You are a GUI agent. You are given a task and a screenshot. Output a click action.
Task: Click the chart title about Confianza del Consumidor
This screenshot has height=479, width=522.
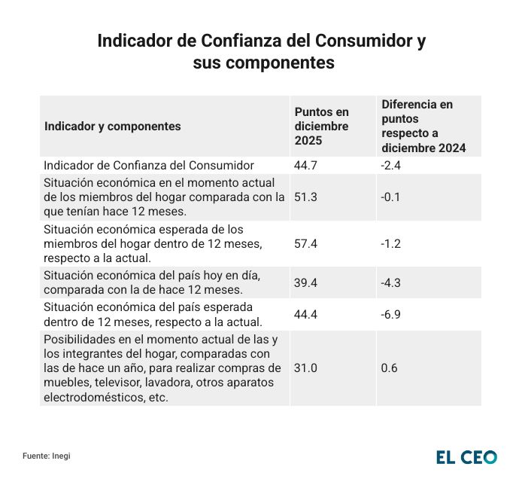point(261,52)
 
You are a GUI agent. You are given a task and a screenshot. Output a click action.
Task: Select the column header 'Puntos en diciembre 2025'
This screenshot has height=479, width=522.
point(321,127)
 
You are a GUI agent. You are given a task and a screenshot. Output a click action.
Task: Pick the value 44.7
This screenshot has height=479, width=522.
point(305,165)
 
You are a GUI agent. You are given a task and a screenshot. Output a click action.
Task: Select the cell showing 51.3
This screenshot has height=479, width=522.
point(305,197)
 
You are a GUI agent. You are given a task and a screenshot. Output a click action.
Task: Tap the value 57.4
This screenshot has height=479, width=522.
point(305,244)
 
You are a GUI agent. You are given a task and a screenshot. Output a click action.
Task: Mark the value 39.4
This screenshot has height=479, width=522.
point(305,282)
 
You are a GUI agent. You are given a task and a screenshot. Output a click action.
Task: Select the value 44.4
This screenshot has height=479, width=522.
point(305,315)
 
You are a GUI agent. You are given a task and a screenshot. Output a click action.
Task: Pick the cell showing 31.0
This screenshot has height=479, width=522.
point(305,368)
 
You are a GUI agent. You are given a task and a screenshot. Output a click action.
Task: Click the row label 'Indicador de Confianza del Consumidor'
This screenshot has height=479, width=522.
point(149,165)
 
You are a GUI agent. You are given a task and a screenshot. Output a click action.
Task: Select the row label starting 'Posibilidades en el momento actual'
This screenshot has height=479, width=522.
point(163,368)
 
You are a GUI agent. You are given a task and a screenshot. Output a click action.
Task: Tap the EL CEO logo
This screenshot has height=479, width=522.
point(466,456)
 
